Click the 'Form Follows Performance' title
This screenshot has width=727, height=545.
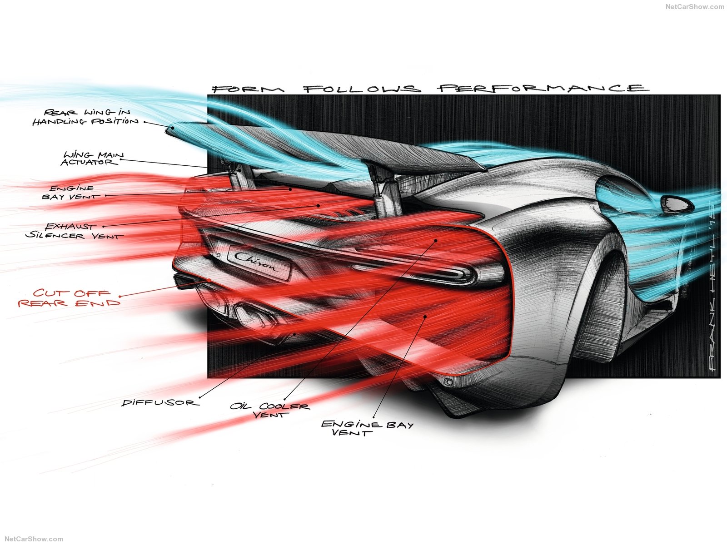coord(429,89)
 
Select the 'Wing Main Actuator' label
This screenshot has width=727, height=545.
coord(93,159)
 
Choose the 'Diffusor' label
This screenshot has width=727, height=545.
coord(159,402)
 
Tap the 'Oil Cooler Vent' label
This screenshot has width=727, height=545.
coord(270,410)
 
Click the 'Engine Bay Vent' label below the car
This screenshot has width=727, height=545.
coord(367,428)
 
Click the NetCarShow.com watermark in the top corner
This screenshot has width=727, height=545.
coord(695,7)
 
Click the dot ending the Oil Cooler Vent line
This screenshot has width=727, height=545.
coord(435,240)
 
